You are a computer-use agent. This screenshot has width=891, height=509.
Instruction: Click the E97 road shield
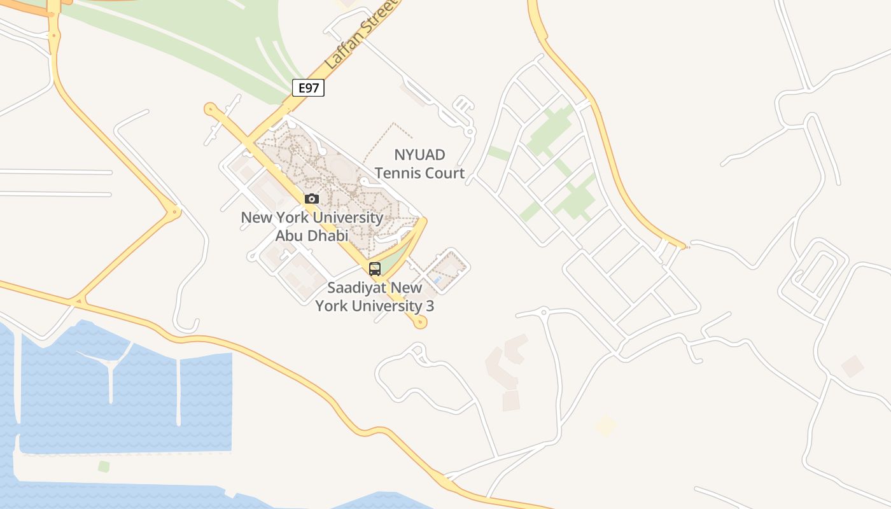click(308, 88)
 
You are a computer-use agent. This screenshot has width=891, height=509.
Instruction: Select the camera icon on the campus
click(311, 199)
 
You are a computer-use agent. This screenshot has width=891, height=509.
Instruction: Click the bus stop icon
click(375, 268)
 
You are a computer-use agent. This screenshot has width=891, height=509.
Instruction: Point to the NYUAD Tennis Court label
click(419, 164)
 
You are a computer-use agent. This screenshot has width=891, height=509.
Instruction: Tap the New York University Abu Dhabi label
click(312, 227)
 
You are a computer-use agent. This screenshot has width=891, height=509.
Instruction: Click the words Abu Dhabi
click(312, 235)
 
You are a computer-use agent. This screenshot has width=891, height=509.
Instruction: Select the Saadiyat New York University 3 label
click(375, 296)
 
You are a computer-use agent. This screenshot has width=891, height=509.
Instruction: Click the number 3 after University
click(430, 306)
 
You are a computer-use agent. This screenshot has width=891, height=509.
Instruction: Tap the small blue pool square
click(437, 279)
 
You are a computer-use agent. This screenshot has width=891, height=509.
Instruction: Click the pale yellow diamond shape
click(605, 426)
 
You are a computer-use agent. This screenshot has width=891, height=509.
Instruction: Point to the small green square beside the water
click(104, 466)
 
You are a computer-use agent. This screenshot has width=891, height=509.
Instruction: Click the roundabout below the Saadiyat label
click(419, 323)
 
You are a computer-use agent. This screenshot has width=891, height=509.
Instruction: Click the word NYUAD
click(419, 155)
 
